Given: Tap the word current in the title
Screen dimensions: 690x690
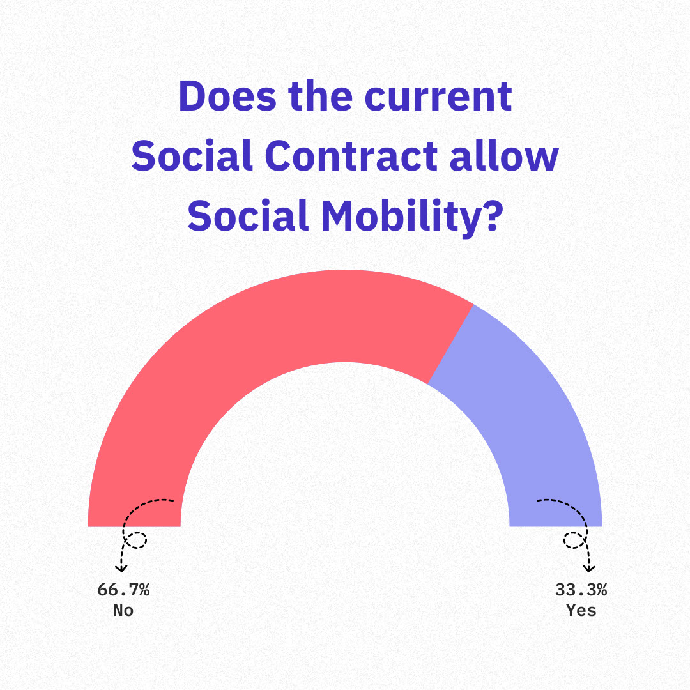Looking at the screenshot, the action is pyautogui.click(x=438, y=96).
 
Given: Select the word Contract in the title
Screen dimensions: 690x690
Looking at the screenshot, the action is pyautogui.click(x=351, y=155).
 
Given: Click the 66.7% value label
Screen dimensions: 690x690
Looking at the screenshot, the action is pyautogui.click(x=124, y=590).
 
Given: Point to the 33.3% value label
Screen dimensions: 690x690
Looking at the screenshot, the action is pyautogui.click(x=581, y=590).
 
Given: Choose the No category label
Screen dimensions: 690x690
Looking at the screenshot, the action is pyautogui.click(x=123, y=610).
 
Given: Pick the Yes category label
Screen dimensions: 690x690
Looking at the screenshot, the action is pyautogui.click(x=581, y=610).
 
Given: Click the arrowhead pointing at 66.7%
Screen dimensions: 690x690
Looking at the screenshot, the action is pyautogui.click(x=121, y=569).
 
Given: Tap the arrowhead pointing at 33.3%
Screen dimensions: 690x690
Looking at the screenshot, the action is pyautogui.click(x=589, y=569).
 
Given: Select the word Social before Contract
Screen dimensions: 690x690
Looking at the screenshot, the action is pyautogui.click(x=192, y=155).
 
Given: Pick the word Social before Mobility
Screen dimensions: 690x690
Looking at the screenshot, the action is pyautogui.click(x=248, y=215).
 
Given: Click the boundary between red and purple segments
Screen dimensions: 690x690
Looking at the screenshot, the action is pyautogui.click(x=450, y=344).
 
